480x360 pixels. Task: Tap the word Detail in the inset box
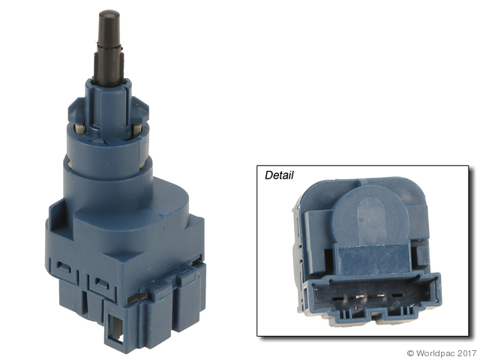279,175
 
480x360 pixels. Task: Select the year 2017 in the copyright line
466,353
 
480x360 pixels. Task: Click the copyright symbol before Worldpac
411,353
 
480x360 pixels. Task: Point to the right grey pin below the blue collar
137,130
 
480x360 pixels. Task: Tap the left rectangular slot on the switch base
64,267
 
